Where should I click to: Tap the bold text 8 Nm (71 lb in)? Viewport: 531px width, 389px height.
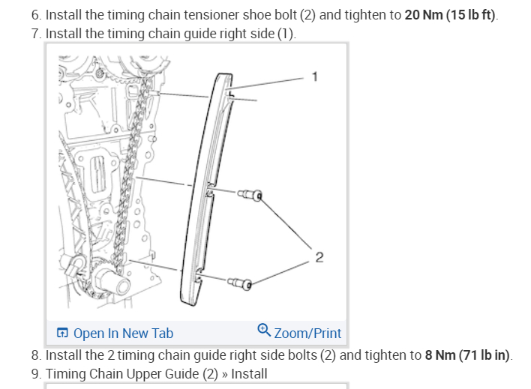click(468, 355)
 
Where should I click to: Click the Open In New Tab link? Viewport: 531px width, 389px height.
click(123, 334)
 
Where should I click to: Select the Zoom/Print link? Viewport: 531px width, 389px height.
click(307, 334)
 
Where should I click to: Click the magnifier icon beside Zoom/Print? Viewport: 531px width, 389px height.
click(263, 330)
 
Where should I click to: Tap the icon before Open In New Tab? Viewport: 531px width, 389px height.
click(63, 334)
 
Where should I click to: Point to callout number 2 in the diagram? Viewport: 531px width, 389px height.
click(319, 258)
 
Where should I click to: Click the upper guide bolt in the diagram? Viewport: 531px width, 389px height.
click(250, 196)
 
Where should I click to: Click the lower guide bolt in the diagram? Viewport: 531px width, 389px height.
click(241, 283)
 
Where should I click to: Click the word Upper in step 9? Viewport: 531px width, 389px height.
click(142, 373)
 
